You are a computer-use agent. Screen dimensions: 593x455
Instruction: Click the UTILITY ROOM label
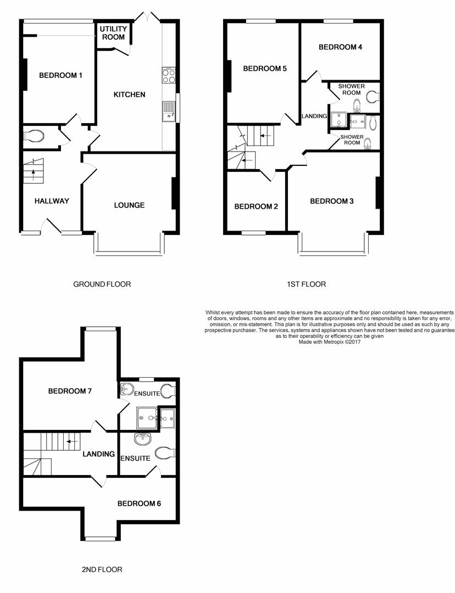(x=113, y=33)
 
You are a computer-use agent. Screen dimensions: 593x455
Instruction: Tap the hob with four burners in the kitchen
(x=169, y=75)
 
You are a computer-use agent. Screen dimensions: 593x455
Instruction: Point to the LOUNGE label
(x=129, y=205)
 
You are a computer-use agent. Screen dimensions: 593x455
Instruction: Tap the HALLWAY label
(x=52, y=201)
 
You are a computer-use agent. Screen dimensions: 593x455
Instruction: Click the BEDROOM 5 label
(x=265, y=69)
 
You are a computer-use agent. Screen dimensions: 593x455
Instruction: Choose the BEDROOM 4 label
(x=340, y=47)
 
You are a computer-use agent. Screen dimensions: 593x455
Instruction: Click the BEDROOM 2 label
(x=256, y=206)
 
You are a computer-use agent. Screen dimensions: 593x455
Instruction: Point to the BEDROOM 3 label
(x=331, y=201)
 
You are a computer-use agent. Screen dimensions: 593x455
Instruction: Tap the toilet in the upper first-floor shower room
(x=373, y=97)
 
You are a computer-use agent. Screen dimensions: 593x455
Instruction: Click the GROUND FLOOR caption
(x=102, y=284)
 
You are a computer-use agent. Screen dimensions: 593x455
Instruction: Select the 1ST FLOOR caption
(x=306, y=284)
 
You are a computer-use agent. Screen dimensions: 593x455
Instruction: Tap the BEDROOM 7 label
(x=70, y=391)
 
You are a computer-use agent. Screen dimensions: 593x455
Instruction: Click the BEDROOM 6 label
(x=139, y=504)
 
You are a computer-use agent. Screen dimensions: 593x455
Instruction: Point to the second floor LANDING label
(x=98, y=454)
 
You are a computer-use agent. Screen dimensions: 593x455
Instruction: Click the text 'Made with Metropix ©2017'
(x=328, y=342)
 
